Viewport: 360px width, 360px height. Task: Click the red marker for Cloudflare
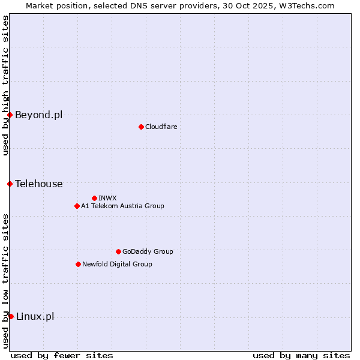(141, 127)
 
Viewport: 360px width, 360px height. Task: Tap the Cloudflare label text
(161, 127)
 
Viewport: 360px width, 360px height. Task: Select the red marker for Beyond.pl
(10, 115)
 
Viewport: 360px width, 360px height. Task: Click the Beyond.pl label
(38, 115)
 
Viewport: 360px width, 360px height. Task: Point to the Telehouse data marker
(10, 184)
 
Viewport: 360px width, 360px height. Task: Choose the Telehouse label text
(38, 184)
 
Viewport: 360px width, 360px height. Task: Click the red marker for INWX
(94, 198)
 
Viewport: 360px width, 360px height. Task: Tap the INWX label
(107, 198)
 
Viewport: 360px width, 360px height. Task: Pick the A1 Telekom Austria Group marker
(77, 206)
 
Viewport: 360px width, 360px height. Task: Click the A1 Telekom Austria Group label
(122, 206)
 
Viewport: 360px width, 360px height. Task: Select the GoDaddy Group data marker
(118, 251)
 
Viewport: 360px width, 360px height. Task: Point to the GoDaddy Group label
(147, 251)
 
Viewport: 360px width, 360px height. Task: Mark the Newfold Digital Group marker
(78, 264)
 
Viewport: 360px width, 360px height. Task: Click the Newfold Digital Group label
(117, 264)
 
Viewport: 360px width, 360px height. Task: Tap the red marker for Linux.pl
(11, 316)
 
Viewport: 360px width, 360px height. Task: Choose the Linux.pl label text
(35, 316)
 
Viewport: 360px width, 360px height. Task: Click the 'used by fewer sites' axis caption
(62, 355)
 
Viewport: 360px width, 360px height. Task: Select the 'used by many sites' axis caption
(301, 355)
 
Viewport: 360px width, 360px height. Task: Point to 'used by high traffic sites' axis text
(5, 85)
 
